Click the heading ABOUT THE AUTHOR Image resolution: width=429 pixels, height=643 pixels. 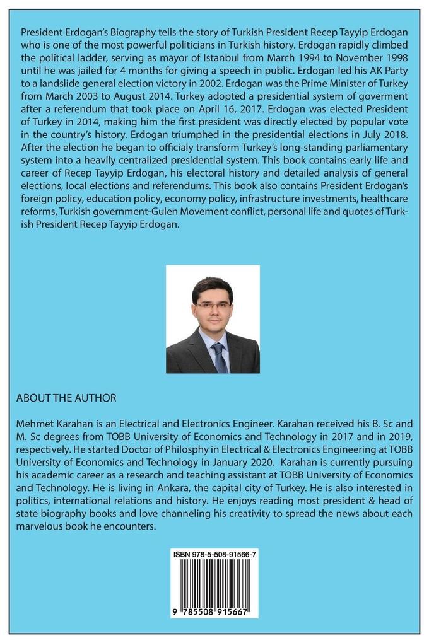(66, 398)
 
